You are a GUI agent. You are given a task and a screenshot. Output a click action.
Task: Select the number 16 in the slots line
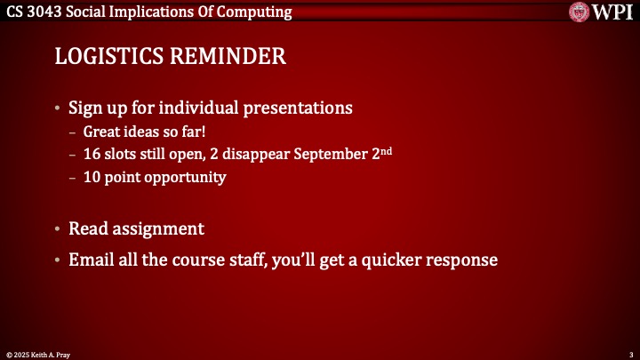pyautogui.click(x=92, y=154)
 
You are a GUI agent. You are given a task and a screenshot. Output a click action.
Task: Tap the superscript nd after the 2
pyautogui.click(x=387, y=150)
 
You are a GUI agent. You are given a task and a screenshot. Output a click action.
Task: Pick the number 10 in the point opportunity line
pyautogui.click(x=92, y=177)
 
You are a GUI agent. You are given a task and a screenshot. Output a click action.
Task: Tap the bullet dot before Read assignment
pyautogui.click(x=58, y=229)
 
